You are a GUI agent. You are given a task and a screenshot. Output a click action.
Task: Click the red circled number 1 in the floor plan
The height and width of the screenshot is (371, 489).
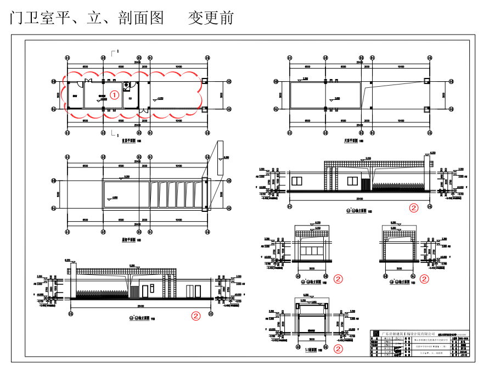pos(114,94)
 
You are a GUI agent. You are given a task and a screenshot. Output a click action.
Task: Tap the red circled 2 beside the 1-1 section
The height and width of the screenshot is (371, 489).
pos(338,348)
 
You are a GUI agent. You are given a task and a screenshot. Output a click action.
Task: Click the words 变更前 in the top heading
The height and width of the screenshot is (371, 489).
pos(211,18)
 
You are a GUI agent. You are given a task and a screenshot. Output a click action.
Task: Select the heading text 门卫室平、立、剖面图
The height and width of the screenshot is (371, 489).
pos(87,18)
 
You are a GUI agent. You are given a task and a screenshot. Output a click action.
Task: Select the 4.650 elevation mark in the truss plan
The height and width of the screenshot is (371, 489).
pos(114,198)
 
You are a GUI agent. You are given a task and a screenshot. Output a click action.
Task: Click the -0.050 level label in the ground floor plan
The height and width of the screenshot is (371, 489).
pos(159,99)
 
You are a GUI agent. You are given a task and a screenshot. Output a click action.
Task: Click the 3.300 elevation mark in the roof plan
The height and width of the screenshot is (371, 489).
pos(305,79)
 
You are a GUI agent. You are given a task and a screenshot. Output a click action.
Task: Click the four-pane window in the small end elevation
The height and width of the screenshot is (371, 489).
pos(312,251)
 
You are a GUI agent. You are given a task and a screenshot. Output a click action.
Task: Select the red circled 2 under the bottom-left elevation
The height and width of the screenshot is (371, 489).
pos(195,316)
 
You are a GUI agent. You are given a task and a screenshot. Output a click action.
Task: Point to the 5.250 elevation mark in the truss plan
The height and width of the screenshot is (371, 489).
pos(127,177)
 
